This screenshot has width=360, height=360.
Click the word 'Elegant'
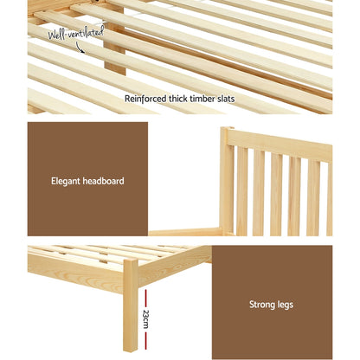coord(67,182)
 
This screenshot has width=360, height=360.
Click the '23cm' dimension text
coord(147,318)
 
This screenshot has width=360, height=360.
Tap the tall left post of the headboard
coord(227,182)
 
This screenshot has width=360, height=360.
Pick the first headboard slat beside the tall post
coord(241,195)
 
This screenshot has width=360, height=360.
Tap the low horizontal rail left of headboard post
coord(185,231)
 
